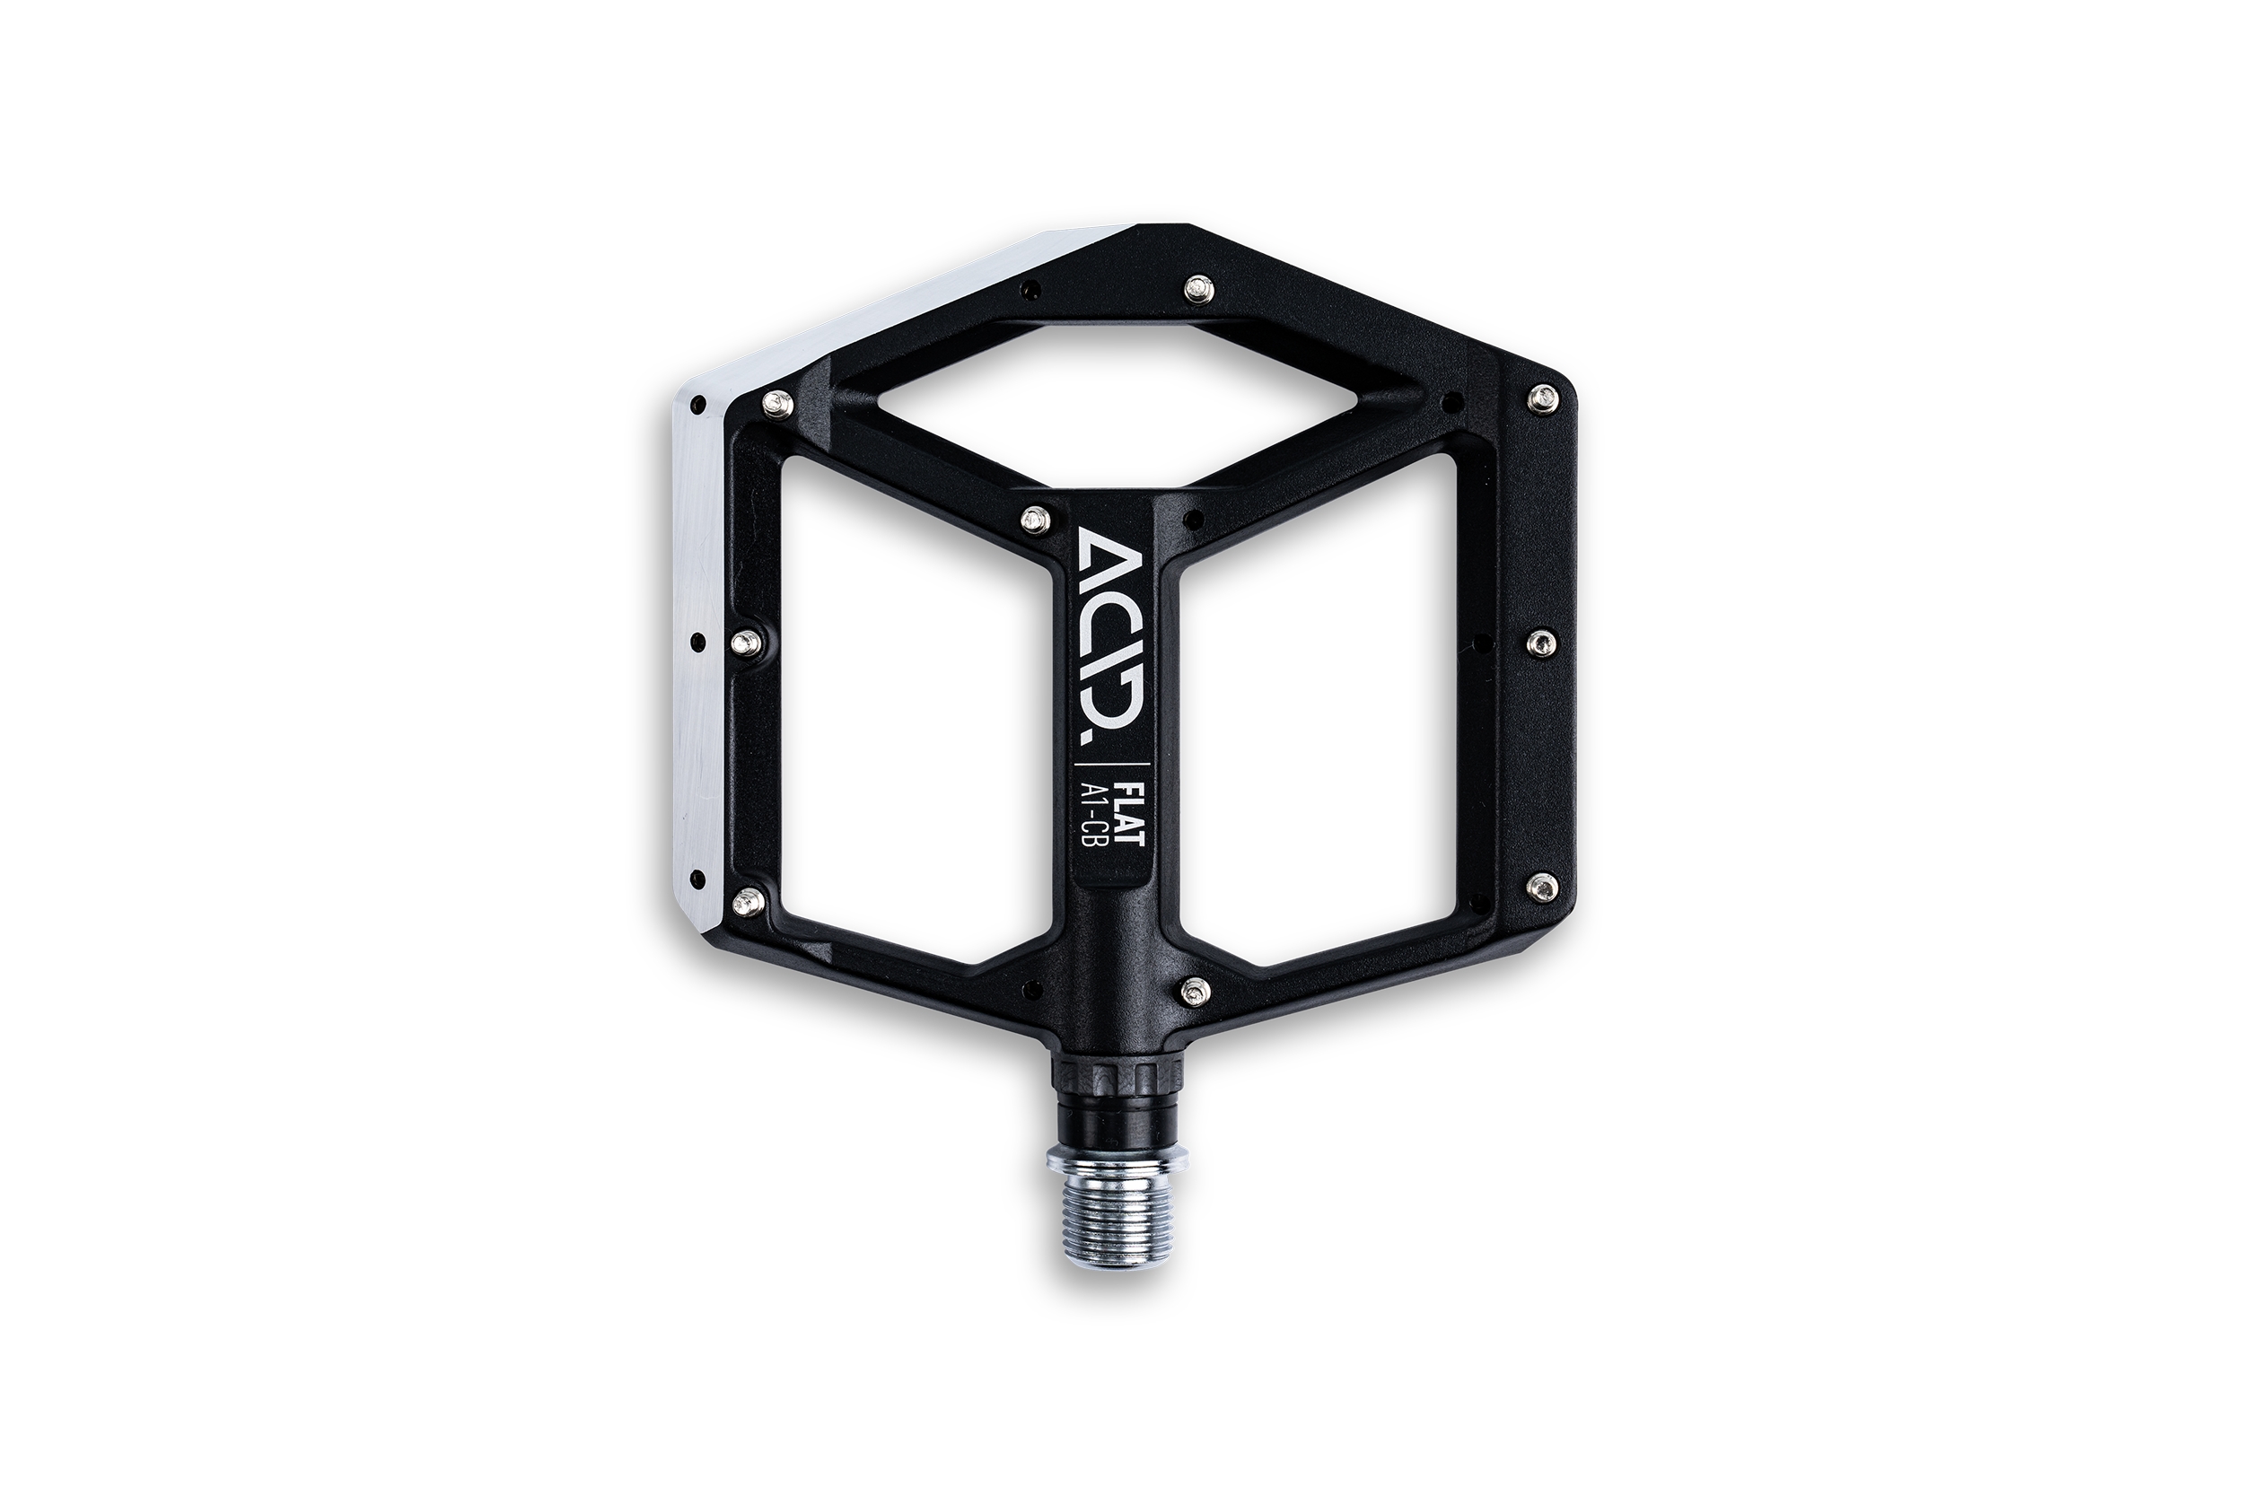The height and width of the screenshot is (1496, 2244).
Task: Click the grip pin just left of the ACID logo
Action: (x=1032, y=518)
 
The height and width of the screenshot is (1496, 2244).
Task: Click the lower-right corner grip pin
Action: (x=1544, y=886)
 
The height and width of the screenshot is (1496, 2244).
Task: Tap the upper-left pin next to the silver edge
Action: (x=773, y=405)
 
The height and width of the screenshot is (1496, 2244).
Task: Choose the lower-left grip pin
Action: (x=749, y=897)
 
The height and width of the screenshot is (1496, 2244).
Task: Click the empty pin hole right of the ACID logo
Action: (x=1189, y=520)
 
